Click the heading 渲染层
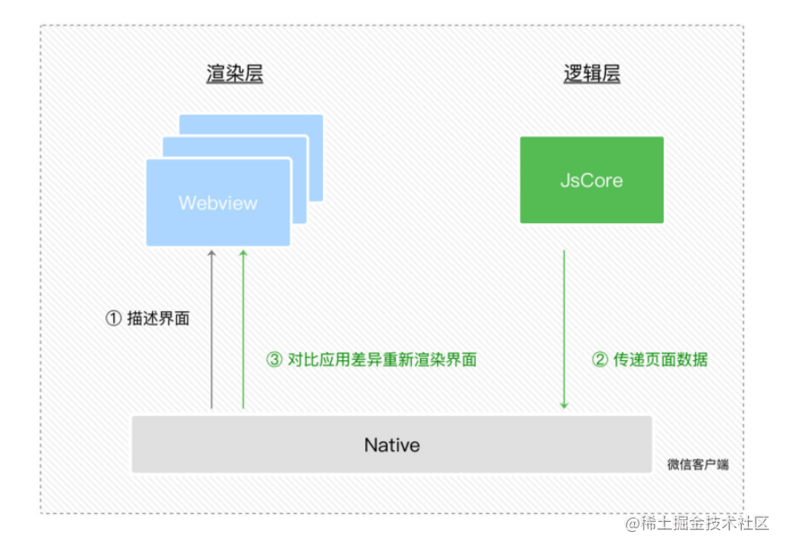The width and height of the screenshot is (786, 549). pyautogui.click(x=234, y=75)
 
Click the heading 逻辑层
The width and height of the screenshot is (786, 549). pyautogui.click(x=591, y=75)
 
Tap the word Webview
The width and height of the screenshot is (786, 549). pyautogui.click(x=218, y=202)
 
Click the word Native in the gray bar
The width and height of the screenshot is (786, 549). pyautogui.click(x=391, y=445)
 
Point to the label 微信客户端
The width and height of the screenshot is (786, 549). pyautogui.click(x=698, y=464)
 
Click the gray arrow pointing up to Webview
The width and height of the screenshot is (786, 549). pyautogui.click(x=211, y=333)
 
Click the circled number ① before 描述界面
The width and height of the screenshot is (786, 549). pyautogui.click(x=113, y=319)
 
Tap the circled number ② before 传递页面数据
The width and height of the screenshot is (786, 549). pyautogui.click(x=600, y=360)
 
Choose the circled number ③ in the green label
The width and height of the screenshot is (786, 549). pyautogui.click(x=274, y=360)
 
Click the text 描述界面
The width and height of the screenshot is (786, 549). pyautogui.click(x=158, y=319)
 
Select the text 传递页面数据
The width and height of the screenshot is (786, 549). pyautogui.click(x=661, y=360)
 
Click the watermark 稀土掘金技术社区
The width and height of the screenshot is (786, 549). pyautogui.click(x=706, y=523)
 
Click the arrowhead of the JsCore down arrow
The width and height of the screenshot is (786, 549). pyautogui.click(x=564, y=405)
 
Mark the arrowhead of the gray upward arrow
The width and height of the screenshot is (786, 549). pyautogui.click(x=211, y=255)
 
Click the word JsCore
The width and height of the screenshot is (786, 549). pyautogui.click(x=591, y=180)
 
